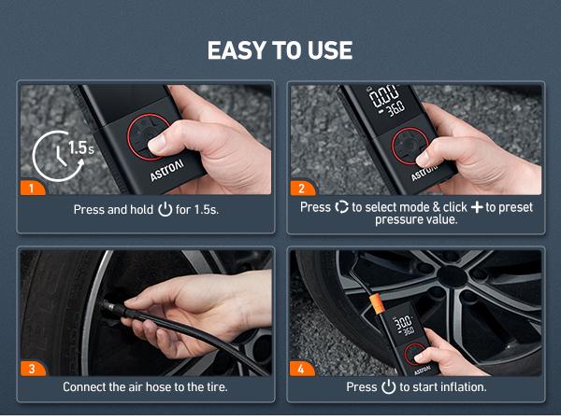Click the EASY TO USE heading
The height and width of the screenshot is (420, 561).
tap(280, 49)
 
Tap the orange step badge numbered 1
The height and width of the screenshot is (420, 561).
tap(32, 188)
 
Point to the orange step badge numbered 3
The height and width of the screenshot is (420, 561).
tap(32, 368)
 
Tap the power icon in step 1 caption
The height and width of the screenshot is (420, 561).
tap(165, 210)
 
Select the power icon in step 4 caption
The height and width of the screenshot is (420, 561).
tap(388, 386)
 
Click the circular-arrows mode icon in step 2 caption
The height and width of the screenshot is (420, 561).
tap(341, 206)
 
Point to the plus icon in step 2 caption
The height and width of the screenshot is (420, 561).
tap(477, 206)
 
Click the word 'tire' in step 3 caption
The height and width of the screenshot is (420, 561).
tap(215, 386)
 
